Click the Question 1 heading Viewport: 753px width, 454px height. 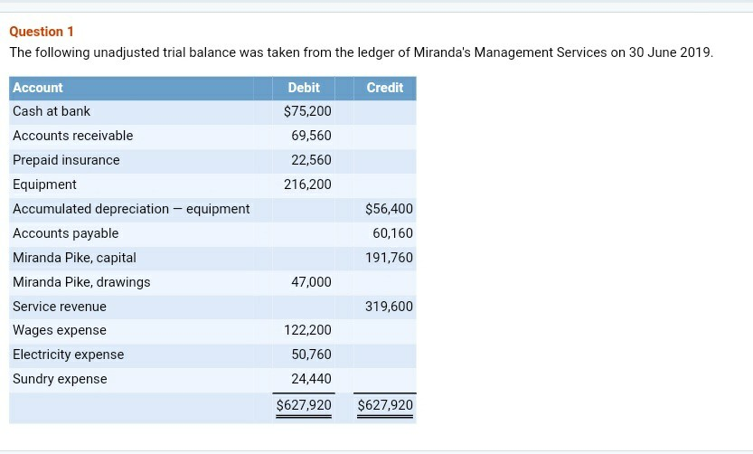42,32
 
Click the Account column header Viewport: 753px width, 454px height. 38,88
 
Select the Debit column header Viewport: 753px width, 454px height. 304,88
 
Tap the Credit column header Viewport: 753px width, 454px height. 385,88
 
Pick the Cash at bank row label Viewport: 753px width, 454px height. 52,111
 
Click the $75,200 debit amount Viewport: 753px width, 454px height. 307,111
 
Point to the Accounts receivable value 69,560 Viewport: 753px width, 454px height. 311,136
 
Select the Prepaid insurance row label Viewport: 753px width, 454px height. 66,160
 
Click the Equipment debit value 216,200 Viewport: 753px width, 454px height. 307,184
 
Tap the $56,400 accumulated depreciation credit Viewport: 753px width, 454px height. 389,209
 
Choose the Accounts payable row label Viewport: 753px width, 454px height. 65,233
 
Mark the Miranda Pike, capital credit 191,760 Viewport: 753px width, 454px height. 389,258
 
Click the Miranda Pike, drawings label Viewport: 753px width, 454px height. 81,282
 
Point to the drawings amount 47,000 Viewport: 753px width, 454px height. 311,282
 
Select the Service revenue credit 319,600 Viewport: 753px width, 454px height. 389,307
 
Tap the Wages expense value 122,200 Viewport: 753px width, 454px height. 307,330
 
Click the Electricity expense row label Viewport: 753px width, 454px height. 68,355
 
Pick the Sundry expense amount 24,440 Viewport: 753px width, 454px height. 311,379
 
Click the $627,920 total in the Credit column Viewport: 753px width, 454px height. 385,405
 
